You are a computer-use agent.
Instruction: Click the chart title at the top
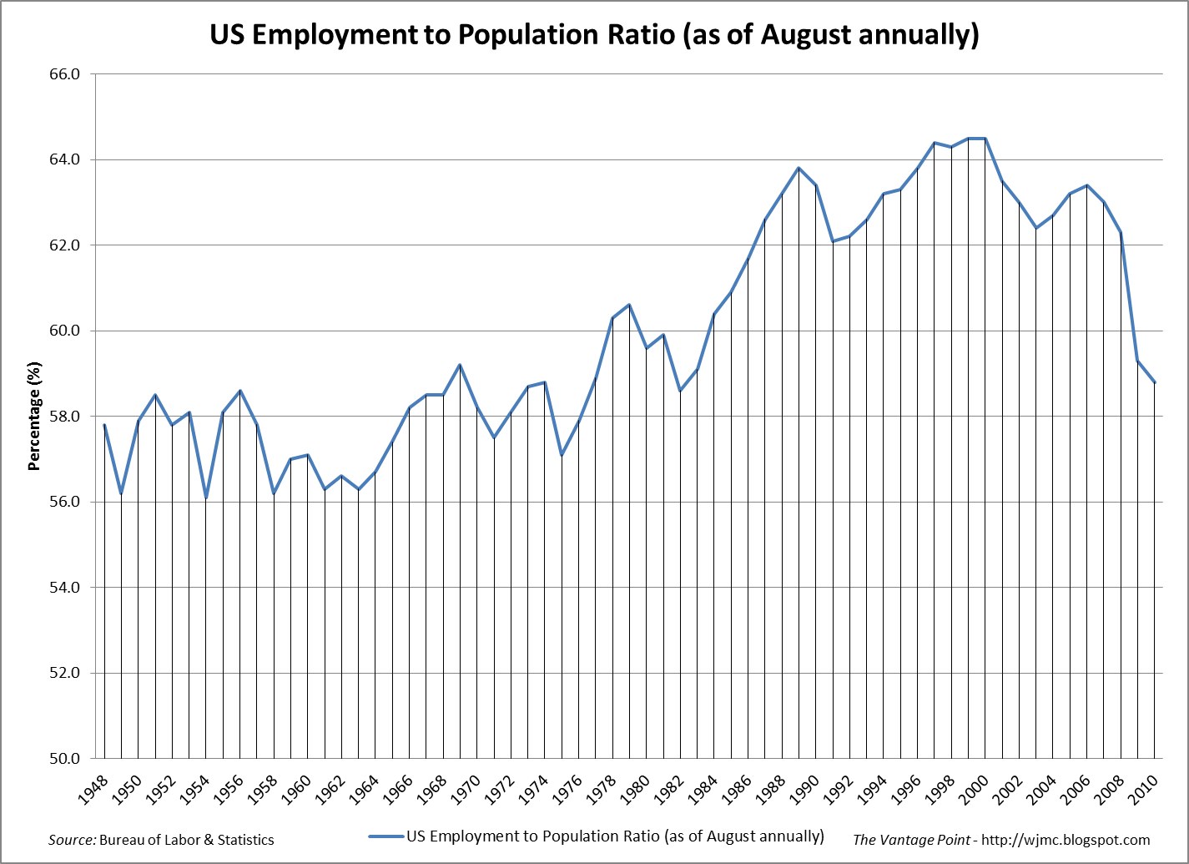pyautogui.click(x=593, y=35)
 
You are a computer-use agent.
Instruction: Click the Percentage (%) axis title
pyautogui.click(x=34, y=417)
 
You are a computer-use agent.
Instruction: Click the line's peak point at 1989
pyautogui.click(x=799, y=168)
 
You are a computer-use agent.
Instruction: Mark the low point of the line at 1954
pyautogui.click(x=206, y=498)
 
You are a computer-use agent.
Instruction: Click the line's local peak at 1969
pyautogui.click(x=460, y=365)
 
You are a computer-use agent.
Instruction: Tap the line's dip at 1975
pyautogui.click(x=562, y=455)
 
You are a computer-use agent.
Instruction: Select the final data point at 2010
pyautogui.click(x=1154, y=382)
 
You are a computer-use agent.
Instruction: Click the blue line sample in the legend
pyautogui.click(x=385, y=836)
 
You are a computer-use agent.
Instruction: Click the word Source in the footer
pyautogui.click(x=72, y=840)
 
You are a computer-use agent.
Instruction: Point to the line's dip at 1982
pyautogui.click(x=680, y=391)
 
